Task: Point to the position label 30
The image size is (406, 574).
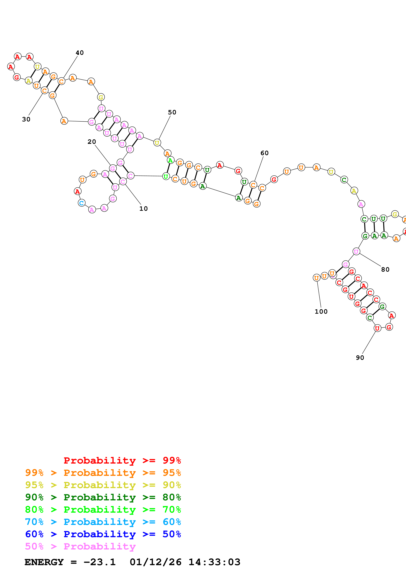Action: click(26, 119)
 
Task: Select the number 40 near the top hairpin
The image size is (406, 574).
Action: click(80, 53)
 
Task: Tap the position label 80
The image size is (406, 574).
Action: click(385, 269)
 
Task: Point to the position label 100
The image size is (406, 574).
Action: click(321, 312)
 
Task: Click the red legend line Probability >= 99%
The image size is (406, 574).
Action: click(122, 460)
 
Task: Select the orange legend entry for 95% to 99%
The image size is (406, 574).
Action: click(103, 473)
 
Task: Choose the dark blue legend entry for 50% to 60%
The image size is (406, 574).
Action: click(103, 534)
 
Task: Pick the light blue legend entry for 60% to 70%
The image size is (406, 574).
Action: click(103, 522)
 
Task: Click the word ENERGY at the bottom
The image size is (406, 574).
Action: click(44, 562)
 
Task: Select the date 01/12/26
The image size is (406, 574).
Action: click(155, 562)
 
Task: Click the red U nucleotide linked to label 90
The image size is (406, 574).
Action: click(377, 328)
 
